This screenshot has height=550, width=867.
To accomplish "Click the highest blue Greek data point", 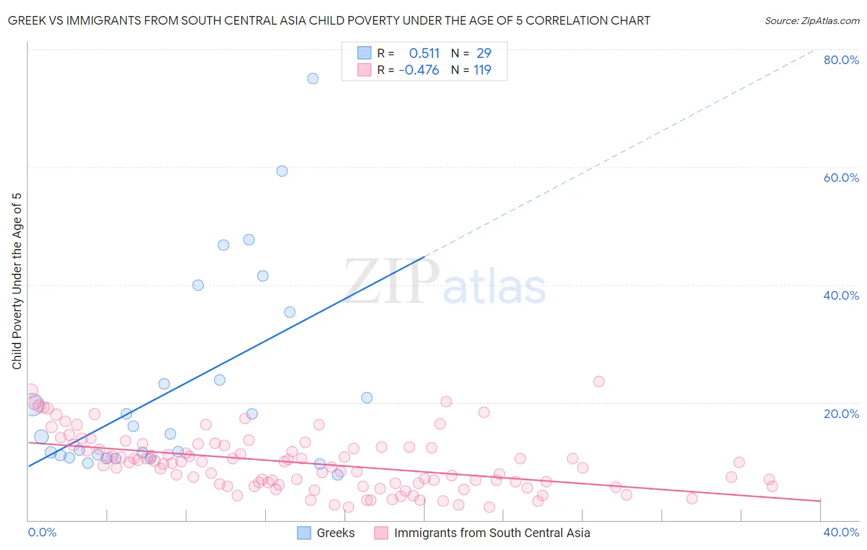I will (x=313, y=78).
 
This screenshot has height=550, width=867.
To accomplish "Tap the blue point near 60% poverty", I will (x=282, y=171).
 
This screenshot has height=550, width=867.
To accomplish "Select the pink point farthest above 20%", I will (x=598, y=381).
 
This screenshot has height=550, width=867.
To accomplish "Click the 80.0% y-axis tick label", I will (x=841, y=60).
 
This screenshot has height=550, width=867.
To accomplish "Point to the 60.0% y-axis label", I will (x=841, y=178).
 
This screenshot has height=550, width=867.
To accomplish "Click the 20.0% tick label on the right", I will (x=841, y=413).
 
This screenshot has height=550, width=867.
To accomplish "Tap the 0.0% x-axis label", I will (x=42, y=532).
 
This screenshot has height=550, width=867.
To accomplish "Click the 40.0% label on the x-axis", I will (x=841, y=532).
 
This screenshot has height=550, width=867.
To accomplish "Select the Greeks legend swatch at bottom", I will (x=304, y=533).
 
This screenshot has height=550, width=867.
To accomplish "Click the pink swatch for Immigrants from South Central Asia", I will (x=381, y=533).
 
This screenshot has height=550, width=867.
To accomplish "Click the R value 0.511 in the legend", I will (x=424, y=53).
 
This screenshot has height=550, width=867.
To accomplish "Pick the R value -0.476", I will (x=419, y=70).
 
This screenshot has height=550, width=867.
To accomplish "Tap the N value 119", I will (x=482, y=70).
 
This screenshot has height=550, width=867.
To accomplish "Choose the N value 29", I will (x=484, y=53).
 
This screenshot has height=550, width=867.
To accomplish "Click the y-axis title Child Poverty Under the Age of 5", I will (x=17, y=281).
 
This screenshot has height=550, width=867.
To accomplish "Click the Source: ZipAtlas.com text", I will (x=812, y=20).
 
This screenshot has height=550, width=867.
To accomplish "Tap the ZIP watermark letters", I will (x=392, y=282).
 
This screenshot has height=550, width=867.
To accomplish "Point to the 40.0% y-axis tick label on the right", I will (x=841, y=295).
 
